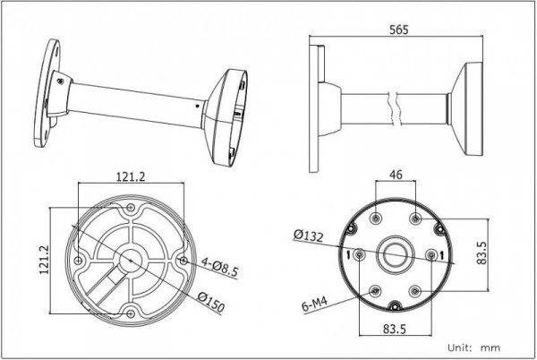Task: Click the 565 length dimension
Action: tap(400, 30)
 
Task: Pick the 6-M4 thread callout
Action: tap(316, 305)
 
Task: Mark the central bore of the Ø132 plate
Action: tap(396, 255)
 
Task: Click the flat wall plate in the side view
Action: tap(315, 107)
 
